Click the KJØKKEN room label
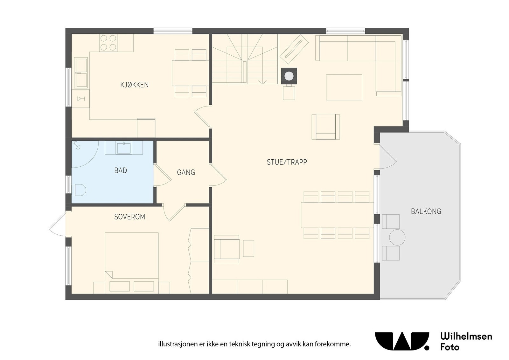point(134,85)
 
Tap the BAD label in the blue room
point(121,170)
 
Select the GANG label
point(186,172)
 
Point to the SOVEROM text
point(129,217)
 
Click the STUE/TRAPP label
point(287,162)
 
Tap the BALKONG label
point(426,211)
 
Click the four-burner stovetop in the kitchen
point(108,43)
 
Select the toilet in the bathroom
point(79,190)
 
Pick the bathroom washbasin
point(124,148)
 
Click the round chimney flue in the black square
point(289,76)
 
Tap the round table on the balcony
point(397,237)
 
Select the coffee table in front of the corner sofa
point(344,87)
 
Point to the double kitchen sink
point(81,73)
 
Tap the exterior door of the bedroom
point(57,225)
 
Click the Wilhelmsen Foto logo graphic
point(402,341)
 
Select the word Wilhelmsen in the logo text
point(466,336)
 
